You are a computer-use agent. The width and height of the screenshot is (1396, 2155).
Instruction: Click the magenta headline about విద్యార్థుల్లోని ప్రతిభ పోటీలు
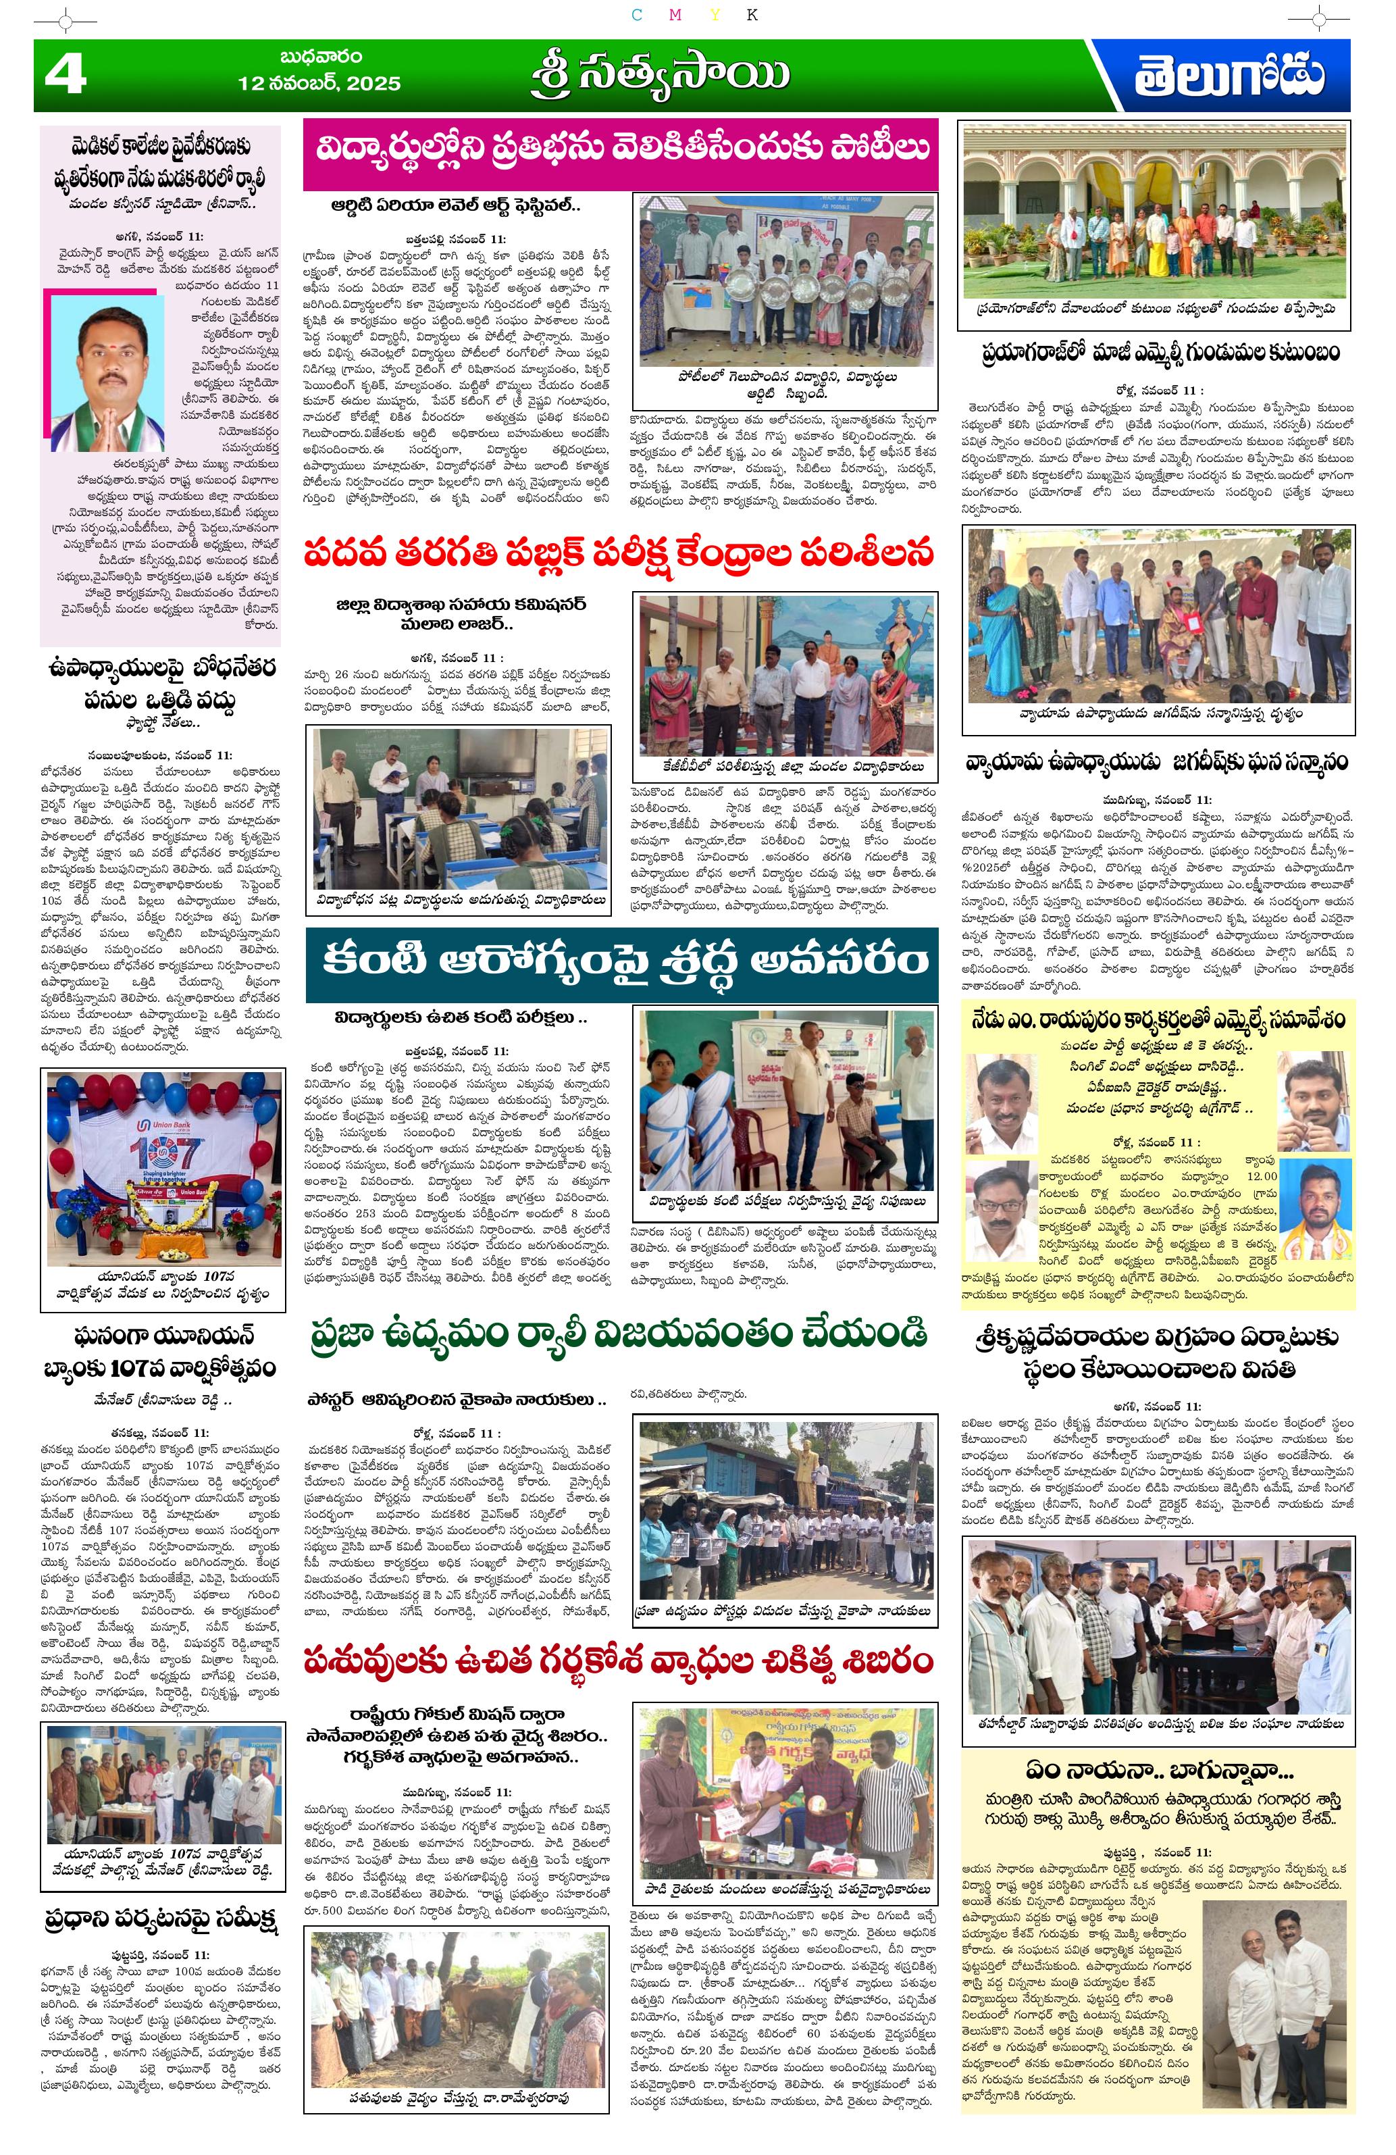coord(619,149)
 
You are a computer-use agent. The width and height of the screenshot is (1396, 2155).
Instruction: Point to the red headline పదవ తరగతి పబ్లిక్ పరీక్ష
coord(619,553)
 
